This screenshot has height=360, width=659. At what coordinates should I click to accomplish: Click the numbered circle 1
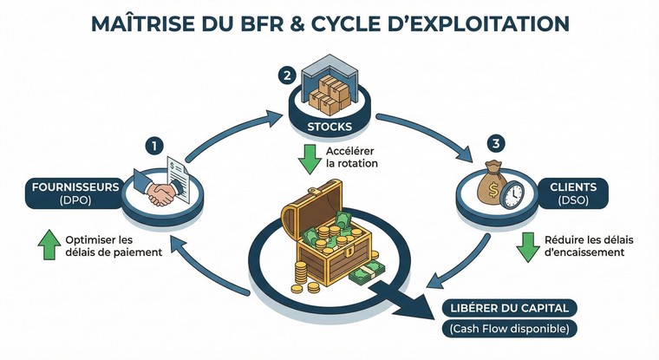[154, 145]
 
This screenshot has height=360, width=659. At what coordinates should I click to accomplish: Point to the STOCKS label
[330, 128]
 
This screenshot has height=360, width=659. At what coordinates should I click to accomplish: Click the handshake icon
[159, 193]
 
